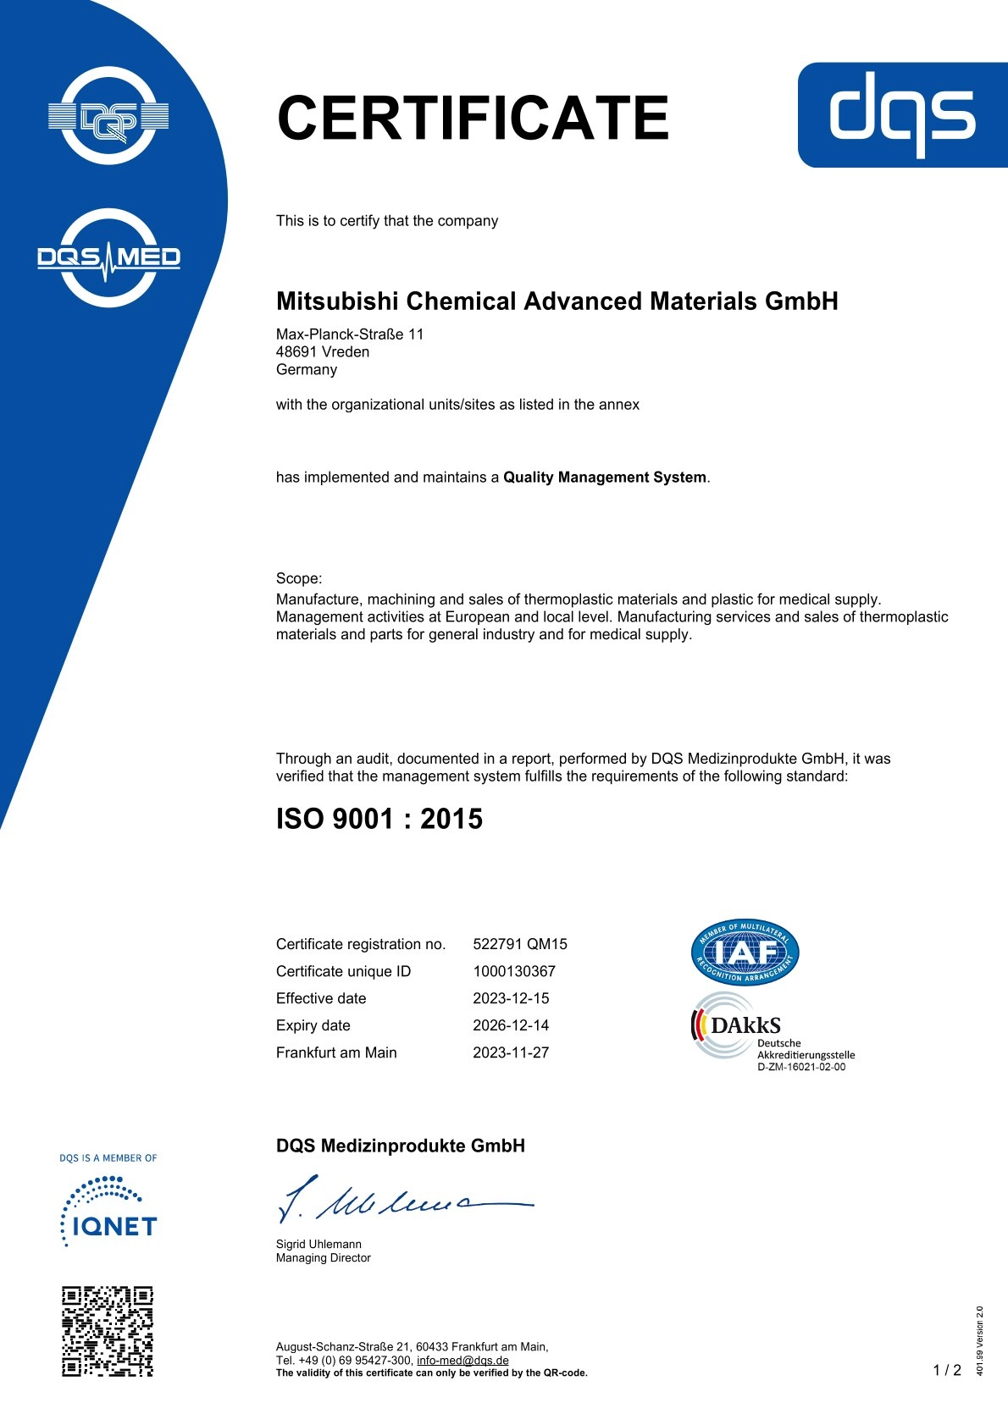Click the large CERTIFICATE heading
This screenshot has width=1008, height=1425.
473,118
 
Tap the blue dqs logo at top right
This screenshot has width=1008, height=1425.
902,114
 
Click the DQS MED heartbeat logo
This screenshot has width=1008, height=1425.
108,257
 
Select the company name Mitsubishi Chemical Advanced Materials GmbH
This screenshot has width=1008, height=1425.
557,301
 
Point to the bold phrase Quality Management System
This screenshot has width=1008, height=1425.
604,478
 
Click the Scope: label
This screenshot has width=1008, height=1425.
299,578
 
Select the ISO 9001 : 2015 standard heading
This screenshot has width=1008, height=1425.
379,819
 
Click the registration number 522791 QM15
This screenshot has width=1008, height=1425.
519,944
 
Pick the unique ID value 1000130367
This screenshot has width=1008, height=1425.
513,971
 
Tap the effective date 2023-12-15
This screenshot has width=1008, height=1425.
510,998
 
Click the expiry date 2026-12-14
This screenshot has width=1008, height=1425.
510,1025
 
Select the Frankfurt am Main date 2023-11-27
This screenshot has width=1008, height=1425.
510,1052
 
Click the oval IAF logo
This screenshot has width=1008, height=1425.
745,953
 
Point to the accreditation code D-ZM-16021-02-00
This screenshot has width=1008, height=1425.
800,1067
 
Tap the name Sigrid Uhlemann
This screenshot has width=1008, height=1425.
318,1244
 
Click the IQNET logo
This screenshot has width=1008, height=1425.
108,1216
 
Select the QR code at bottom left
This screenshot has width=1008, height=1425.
108,1331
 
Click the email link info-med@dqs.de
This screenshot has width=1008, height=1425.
462,1361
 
